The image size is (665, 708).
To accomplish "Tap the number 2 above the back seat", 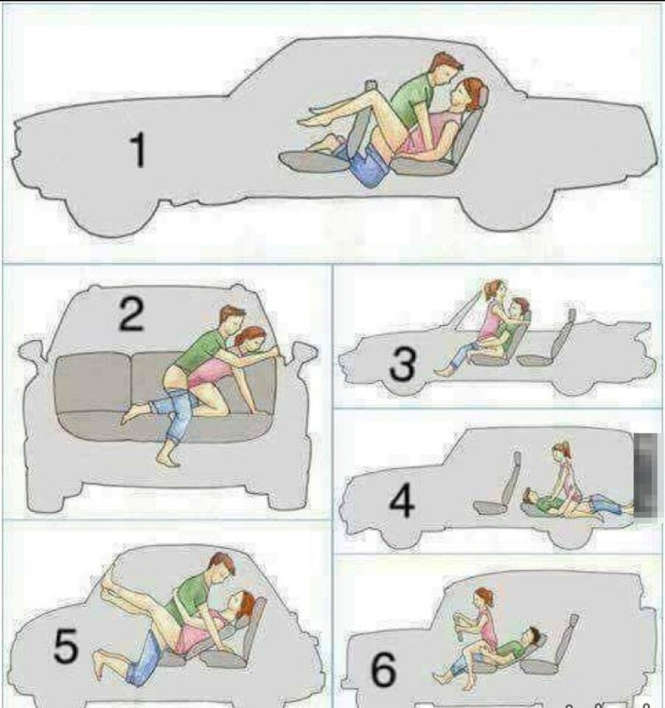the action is click(131, 314).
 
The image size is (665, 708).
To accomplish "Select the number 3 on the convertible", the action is click(403, 364).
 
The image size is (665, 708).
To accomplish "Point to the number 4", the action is click(402, 502).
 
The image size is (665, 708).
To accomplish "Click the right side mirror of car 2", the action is click(304, 353).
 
